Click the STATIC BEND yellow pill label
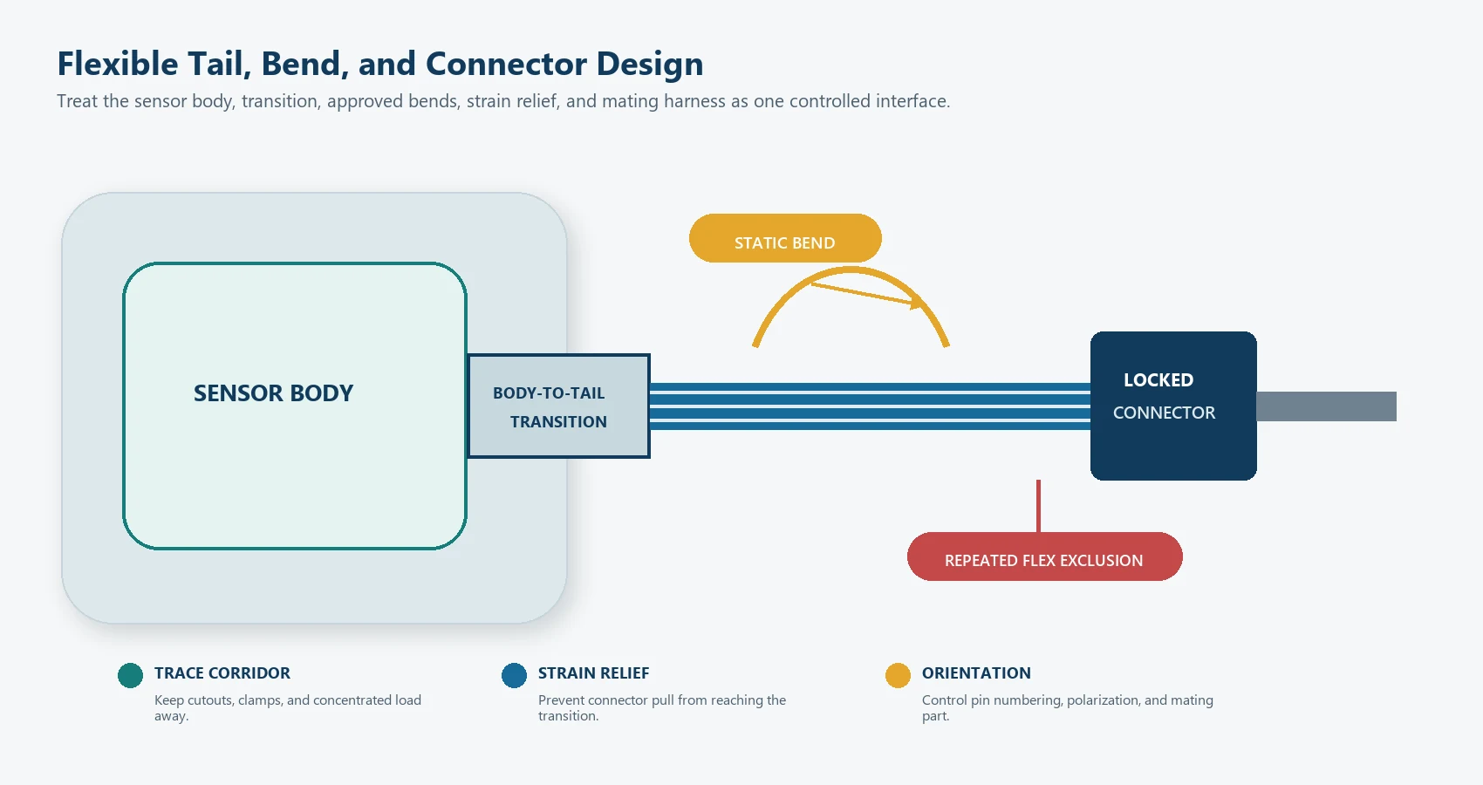click(785, 238)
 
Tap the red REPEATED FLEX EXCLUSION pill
click(1045, 556)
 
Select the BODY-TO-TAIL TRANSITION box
click(559, 406)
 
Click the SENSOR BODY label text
click(273, 393)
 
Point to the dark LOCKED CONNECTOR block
click(1174, 406)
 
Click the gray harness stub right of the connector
click(1327, 406)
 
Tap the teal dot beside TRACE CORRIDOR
click(131, 676)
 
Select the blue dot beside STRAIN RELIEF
click(515, 676)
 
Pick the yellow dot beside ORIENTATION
click(899, 676)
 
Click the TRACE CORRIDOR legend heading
click(222, 673)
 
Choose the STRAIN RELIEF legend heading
click(594, 673)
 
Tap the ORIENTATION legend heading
click(976, 673)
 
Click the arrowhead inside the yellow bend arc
click(916, 304)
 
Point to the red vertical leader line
click(1039, 507)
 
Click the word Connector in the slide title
click(506, 64)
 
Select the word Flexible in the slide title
click(118, 64)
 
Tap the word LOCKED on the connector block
click(1158, 380)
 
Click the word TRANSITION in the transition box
click(559, 422)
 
